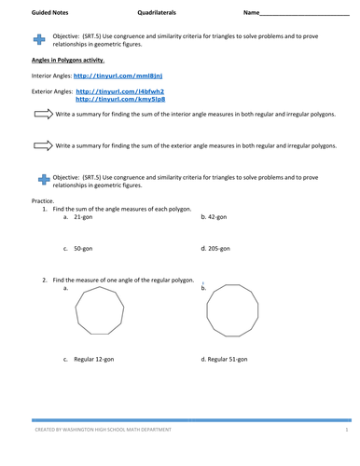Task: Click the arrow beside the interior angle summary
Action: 42,114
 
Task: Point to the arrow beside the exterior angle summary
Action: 42,145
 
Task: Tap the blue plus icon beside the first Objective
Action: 38,38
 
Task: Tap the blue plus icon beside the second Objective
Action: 38,179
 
